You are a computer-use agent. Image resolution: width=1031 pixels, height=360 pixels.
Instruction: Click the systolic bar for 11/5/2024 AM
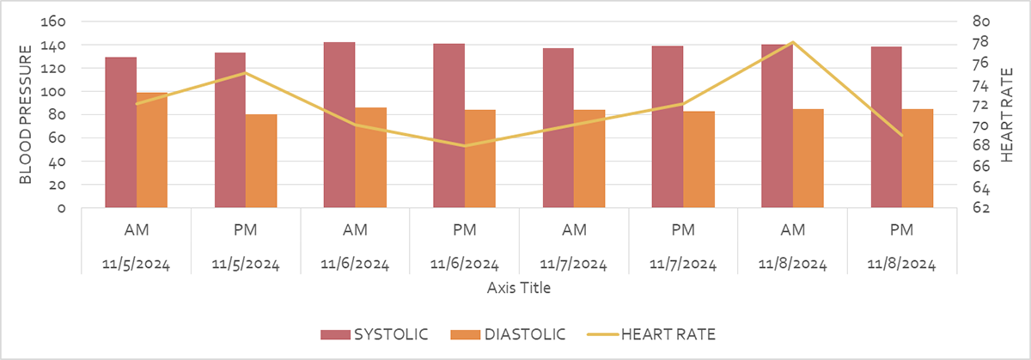(x=120, y=132)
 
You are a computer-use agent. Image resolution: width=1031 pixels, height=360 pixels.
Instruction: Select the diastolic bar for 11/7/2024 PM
(x=699, y=159)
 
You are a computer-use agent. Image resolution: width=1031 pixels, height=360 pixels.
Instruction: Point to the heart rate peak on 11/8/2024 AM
(x=792, y=42)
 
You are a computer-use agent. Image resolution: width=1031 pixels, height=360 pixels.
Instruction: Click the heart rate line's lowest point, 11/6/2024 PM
(x=465, y=146)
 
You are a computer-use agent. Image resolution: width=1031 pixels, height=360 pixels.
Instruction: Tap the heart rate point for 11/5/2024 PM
(x=246, y=73)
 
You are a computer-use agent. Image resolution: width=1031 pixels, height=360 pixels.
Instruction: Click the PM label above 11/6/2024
(x=465, y=230)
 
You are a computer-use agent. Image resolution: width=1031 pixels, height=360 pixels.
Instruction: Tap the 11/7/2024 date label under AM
(x=574, y=264)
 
